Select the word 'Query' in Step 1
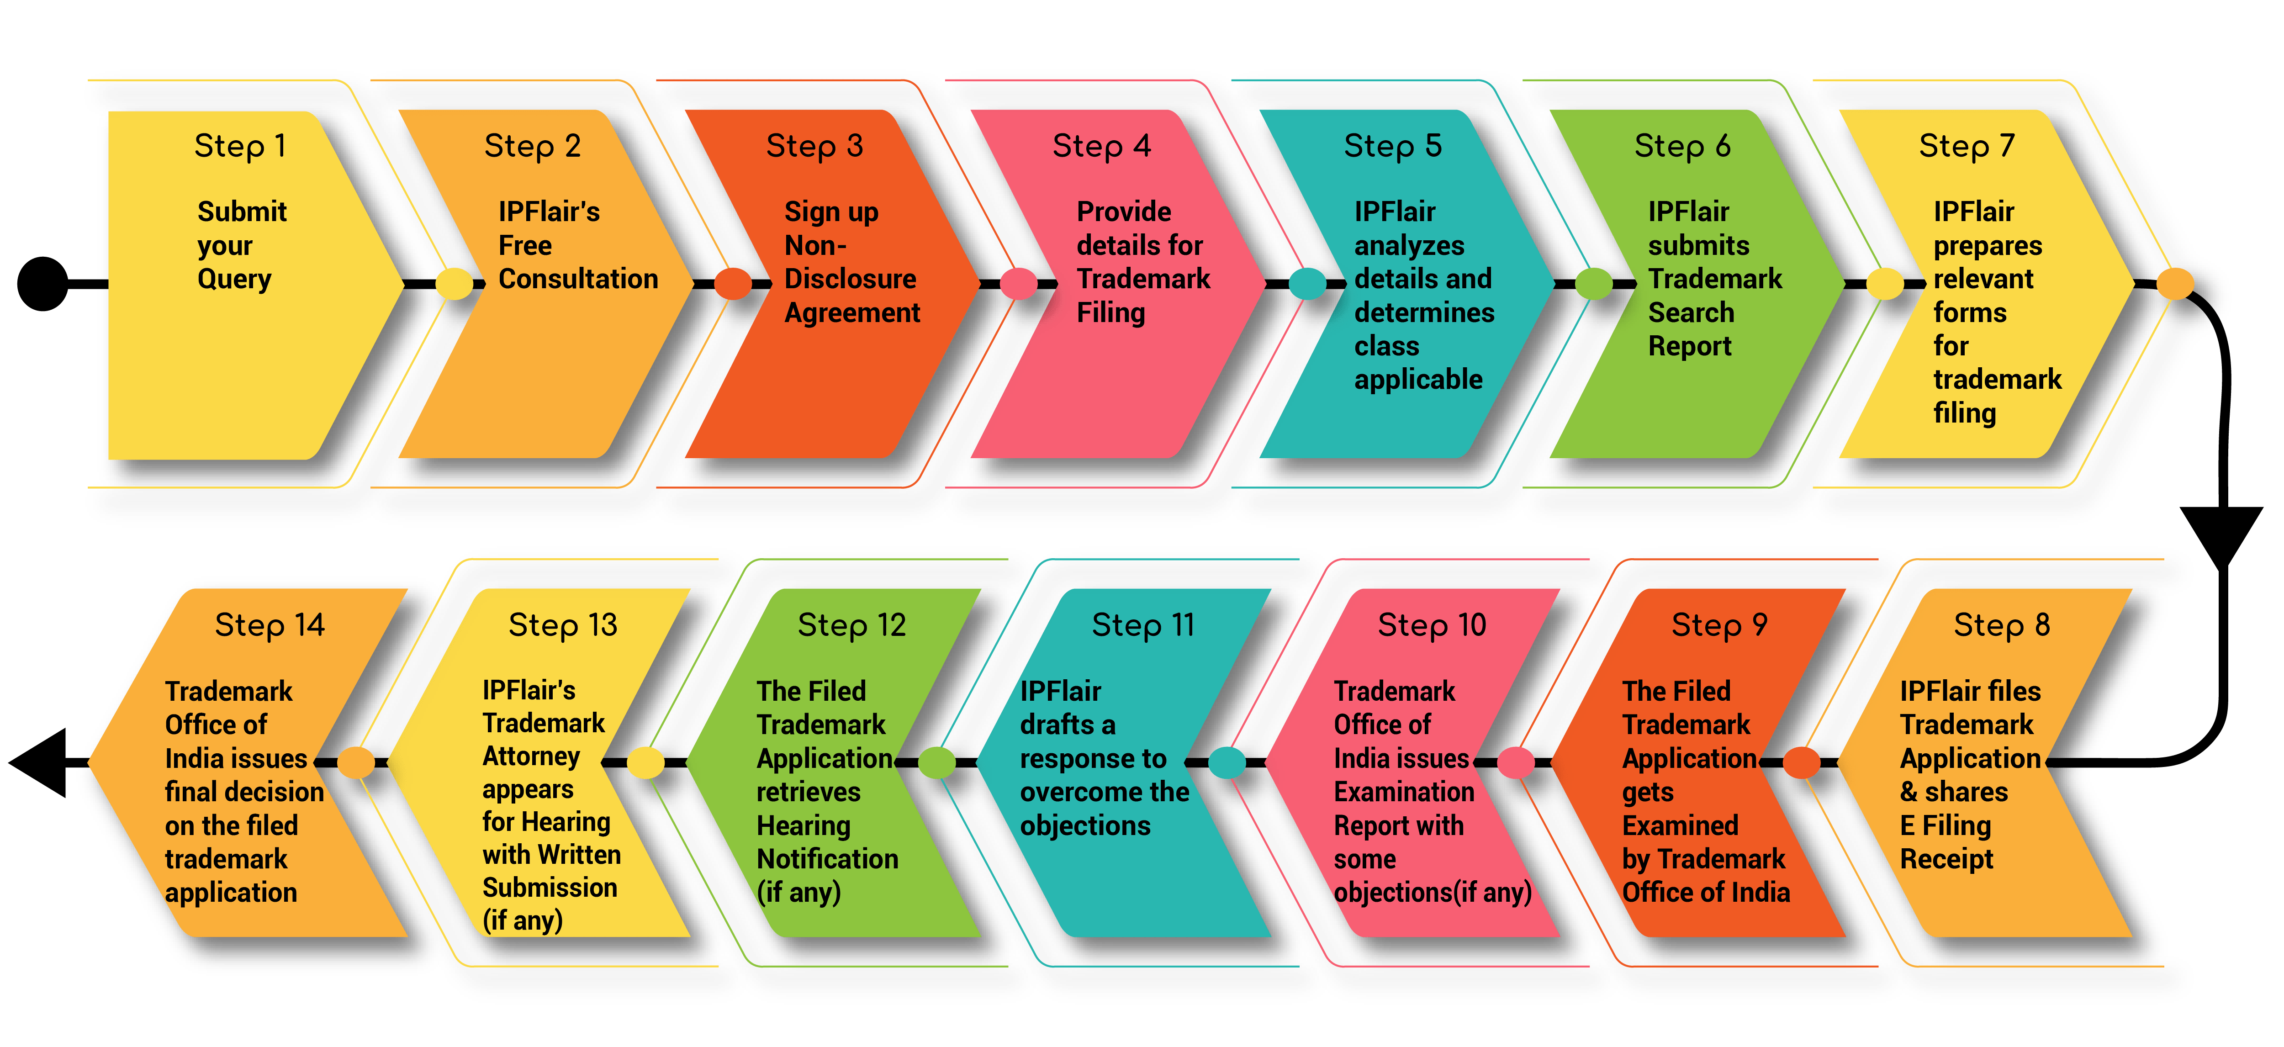[234, 279]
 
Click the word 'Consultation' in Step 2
[578, 279]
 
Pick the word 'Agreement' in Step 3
[852, 313]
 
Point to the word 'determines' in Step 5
[1424, 313]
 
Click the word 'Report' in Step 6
[1689, 347]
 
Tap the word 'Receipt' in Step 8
[1946, 859]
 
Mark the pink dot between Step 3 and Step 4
[1018, 284]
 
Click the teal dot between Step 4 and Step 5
[1307, 284]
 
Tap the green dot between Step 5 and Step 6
[1593, 284]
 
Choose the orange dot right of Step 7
[2174, 284]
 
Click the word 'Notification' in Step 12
[827, 859]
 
